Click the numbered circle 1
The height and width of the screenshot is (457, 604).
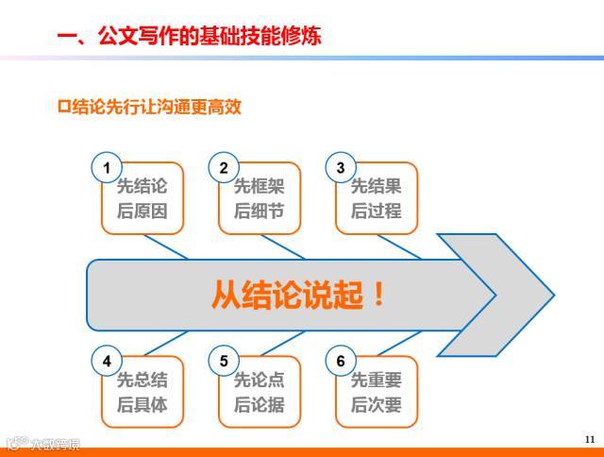(x=107, y=169)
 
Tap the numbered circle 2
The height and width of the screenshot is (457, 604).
(x=224, y=169)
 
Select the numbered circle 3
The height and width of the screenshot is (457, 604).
(x=341, y=169)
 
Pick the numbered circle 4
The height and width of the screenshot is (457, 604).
(x=107, y=361)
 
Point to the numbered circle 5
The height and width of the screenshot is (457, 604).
(x=224, y=361)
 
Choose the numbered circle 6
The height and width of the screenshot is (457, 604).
(x=341, y=361)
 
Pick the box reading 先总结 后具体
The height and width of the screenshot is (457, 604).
(x=143, y=393)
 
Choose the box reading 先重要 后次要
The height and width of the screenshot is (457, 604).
(x=377, y=393)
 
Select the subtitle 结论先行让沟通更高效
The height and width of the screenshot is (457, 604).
(x=156, y=107)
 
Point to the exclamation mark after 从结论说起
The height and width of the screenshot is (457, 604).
(x=379, y=295)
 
